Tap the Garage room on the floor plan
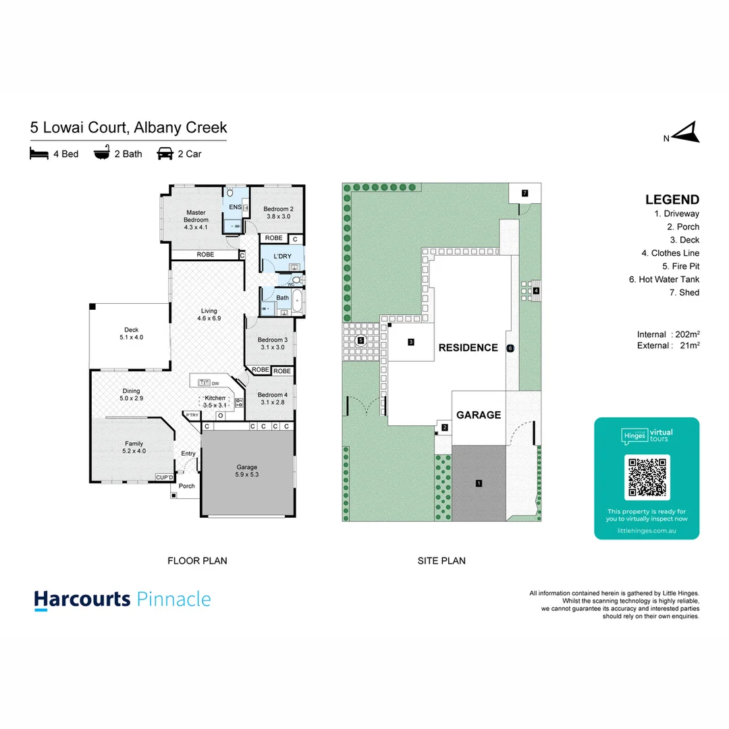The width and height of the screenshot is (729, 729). [248, 471]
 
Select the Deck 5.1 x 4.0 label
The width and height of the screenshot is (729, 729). [131, 333]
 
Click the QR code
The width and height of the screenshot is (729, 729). [647, 477]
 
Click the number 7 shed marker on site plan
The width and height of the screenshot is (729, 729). [524, 193]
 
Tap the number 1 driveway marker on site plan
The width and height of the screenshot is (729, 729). [479, 483]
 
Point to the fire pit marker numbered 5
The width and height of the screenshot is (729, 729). [360, 341]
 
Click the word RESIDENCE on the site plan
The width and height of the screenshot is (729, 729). [468, 348]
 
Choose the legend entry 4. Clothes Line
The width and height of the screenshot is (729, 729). [670, 253]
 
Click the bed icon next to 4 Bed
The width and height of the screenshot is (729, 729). [38, 154]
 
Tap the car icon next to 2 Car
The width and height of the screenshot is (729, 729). [164, 154]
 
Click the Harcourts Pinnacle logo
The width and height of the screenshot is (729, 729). [123, 600]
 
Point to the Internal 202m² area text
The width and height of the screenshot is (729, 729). [668, 334]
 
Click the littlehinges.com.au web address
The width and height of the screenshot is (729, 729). [647, 531]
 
